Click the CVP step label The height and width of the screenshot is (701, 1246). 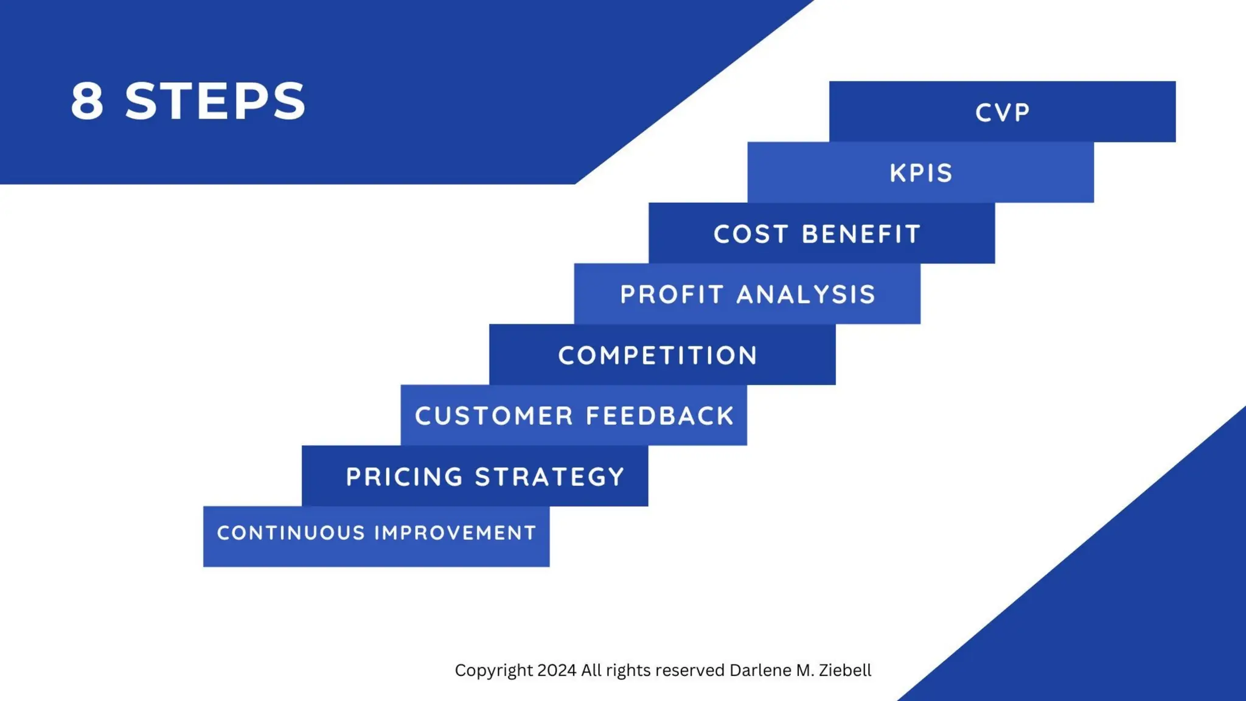click(x=1002, y=113)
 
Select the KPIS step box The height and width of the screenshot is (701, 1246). click(x=921, y=173)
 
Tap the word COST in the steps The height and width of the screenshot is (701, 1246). click(x=751, y=234)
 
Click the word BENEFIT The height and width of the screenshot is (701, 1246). click(x=861, y=234)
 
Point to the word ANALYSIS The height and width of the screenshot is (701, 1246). click(x=806, y=295)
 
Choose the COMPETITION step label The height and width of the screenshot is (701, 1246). click(x=658, y=355)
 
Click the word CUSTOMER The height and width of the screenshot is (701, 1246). click(x=494, y=416)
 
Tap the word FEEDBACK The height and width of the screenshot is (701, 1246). click(x=660, y=416)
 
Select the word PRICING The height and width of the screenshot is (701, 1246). click(x=405, y=477)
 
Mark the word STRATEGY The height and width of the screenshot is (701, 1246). click(x=550, y=477)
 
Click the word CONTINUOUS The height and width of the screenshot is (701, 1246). click(x=291, y=533)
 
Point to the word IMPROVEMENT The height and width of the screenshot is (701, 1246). click(x=455, y=533)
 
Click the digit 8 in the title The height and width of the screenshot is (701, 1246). click(x=87, y=101)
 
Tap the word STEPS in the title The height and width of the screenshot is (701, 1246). click(x=215, y=101)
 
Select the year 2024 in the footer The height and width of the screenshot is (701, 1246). click(x=557, y=670)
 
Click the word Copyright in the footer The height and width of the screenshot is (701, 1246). click(x=493, y=671)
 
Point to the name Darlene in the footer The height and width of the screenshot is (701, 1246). click(x=760, y=670)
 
